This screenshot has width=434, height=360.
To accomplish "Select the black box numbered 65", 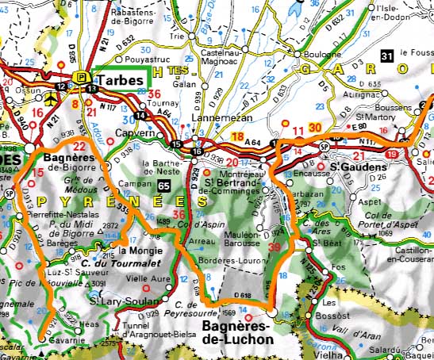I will click(x=163, y=185).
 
